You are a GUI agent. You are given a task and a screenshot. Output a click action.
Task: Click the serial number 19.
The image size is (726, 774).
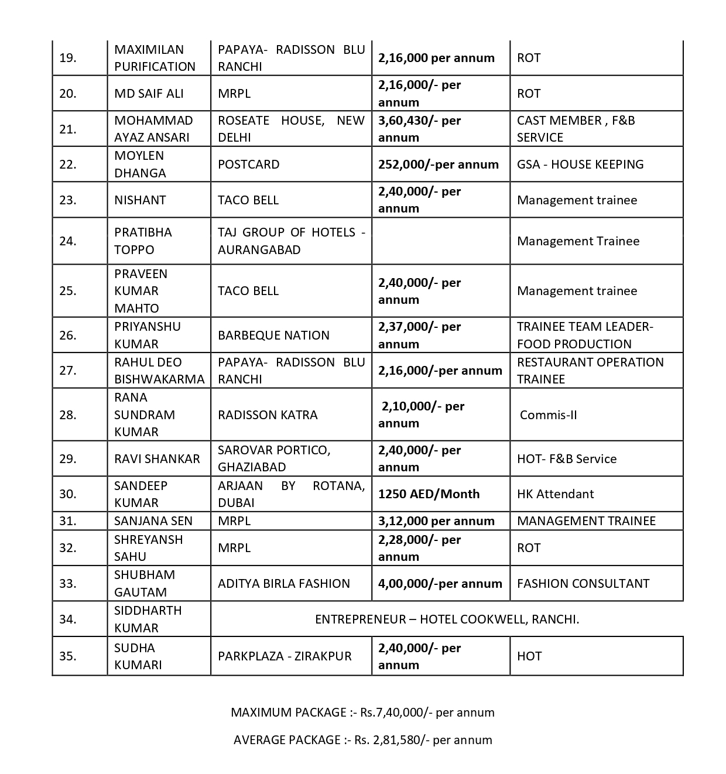68,58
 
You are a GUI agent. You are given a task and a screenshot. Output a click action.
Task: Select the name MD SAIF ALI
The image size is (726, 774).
149,94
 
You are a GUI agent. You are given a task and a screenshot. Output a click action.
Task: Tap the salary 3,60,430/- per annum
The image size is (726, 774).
419,129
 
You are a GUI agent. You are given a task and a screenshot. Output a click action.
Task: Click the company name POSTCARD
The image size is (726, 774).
248,165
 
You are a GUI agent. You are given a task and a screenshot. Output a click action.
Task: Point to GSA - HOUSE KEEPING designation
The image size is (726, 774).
580,165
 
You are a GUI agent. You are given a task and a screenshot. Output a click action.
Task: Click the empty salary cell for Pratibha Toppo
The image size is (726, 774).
440,241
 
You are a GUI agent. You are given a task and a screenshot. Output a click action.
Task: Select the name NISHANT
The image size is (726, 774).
140,200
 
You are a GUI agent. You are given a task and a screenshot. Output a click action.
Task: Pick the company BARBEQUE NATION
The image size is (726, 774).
273,335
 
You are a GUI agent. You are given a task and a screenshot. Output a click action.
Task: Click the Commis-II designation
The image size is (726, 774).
548,415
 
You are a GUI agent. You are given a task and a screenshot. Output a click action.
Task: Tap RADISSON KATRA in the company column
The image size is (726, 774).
268,415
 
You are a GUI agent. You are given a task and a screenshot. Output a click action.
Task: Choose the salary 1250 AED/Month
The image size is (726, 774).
429,494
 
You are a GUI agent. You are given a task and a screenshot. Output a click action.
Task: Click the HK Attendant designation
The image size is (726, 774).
555,494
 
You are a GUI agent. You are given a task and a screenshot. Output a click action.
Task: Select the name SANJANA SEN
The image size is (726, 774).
153,521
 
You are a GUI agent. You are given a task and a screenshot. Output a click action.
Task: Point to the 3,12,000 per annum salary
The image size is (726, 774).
436,521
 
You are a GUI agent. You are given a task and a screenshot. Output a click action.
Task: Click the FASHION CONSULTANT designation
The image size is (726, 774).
583,584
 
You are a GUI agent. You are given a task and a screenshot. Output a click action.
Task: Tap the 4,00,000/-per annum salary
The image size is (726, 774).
440,584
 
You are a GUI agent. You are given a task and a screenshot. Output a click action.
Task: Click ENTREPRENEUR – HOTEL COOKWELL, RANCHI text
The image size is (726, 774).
447,619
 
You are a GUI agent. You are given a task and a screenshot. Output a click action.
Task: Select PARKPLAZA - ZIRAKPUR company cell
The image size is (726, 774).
285,656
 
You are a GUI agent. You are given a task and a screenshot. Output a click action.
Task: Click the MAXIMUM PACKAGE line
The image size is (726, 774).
362,713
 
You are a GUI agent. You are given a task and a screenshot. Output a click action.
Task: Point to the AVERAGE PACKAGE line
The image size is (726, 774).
362,740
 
